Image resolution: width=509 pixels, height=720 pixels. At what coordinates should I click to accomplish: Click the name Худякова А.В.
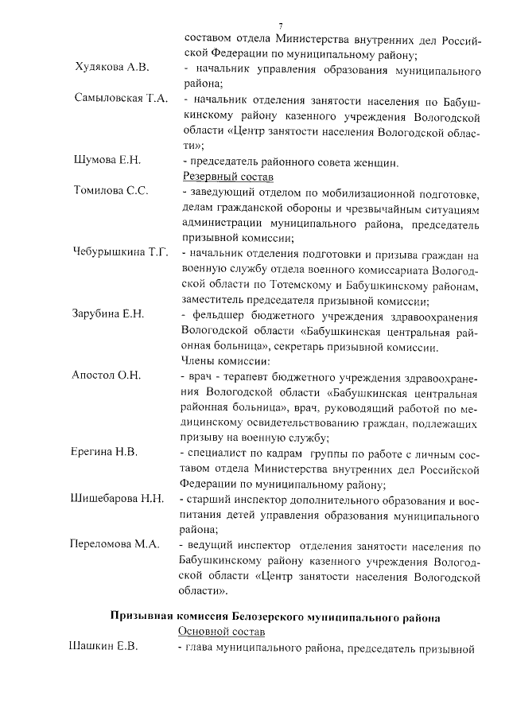[x=111, y=68]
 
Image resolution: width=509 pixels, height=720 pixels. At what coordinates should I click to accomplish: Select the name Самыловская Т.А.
[x=120, y=99]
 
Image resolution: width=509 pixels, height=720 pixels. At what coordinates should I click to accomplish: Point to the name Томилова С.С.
[x=111, y=192]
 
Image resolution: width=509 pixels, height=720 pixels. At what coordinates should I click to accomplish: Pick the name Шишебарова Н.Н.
[x=118, y=499]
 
